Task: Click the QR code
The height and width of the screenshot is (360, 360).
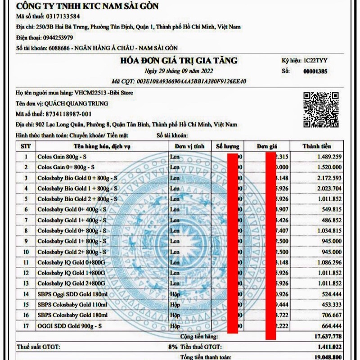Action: [320, 109]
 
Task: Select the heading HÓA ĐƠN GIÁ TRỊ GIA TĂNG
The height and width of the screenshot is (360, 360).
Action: [179, 61]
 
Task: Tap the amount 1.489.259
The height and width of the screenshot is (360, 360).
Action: [324, 157]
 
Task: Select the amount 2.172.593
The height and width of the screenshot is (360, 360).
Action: [324, 178]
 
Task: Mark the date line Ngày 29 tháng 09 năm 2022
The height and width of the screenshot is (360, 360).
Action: [178, 71]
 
